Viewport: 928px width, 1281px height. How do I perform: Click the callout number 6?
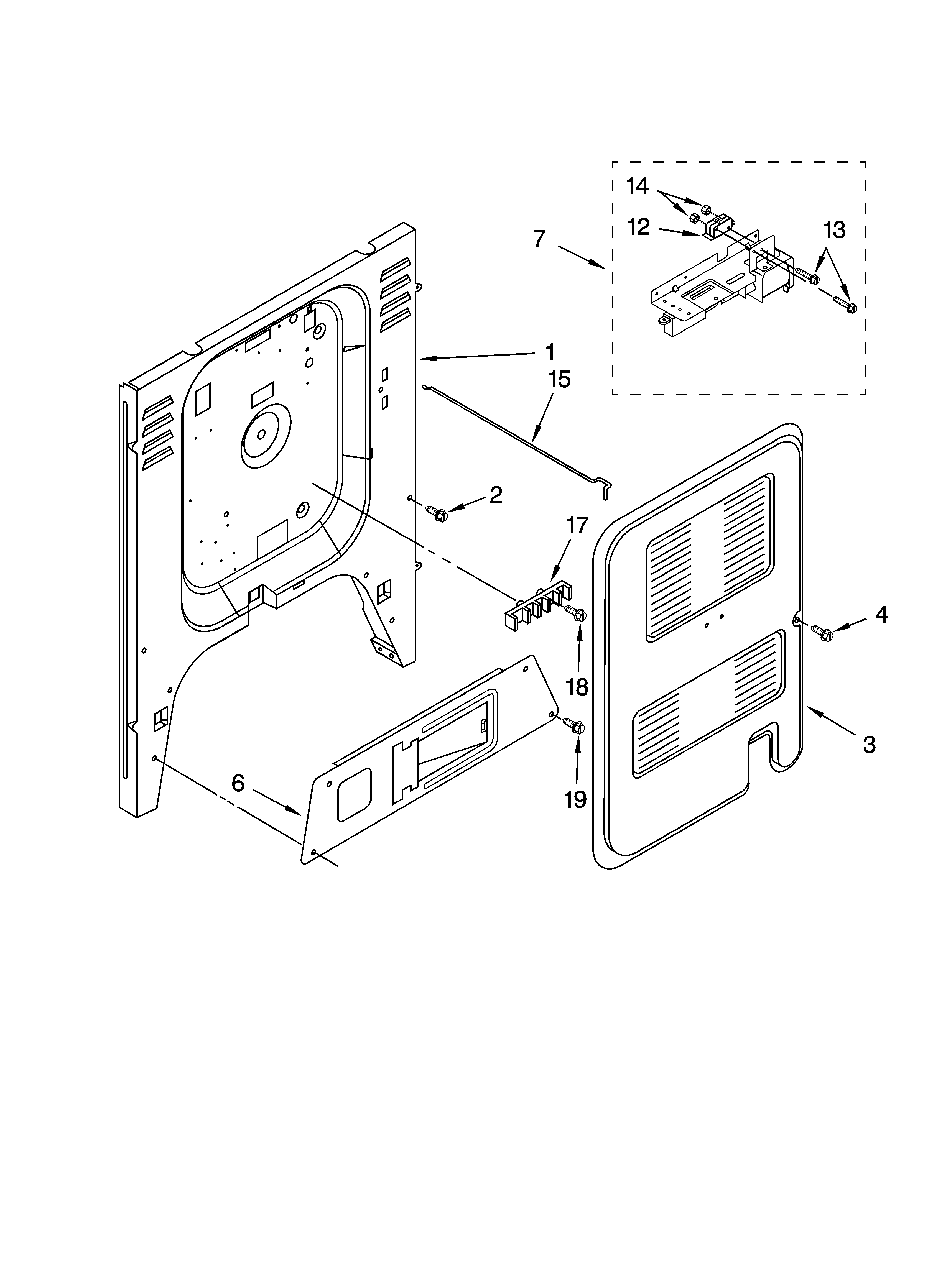(238, 783)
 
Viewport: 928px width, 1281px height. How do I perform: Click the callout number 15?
(559, 380)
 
